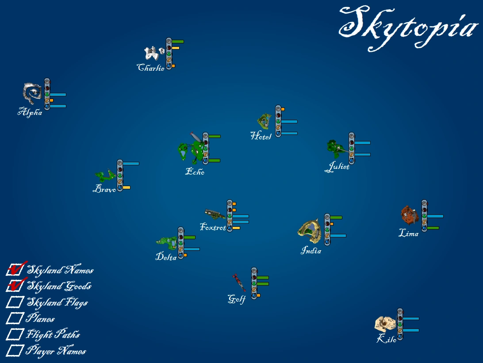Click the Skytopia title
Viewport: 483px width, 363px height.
(x=408, y=28)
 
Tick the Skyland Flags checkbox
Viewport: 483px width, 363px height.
(x=15, y=302)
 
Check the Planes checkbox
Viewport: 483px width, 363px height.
(x=15, y=318)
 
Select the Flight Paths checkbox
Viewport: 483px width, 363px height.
(x=15, y=334)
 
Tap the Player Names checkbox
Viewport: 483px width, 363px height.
(x=15, y=350)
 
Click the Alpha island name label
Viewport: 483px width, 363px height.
(x=30, y=112)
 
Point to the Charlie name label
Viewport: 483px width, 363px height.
(x=151, y=68)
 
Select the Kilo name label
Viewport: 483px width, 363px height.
(x=386, y=338)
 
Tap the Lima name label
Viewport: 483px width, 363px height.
(x=408, y=233)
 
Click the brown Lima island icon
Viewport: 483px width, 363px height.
(x=410, y=214)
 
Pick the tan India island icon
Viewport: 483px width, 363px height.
(x=310, y=231)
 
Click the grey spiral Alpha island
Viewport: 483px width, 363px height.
(x=32, y=93)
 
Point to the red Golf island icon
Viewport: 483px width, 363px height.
(x=239, y=282)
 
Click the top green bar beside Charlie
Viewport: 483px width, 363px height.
(x=178, y=42)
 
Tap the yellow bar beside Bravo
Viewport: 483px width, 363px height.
(x=126, y=187)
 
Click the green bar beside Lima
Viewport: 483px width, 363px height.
(x=433, y=228)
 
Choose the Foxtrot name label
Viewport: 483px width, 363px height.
(x=213, y=227)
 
